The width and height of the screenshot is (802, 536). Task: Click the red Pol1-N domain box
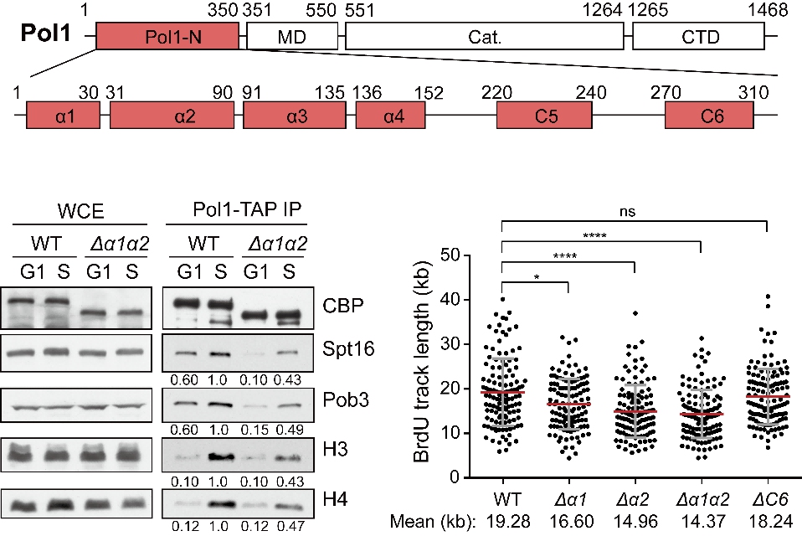click(167, 36)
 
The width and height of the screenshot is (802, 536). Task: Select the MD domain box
click(292, 36)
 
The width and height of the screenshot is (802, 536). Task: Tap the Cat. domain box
click(485, 36)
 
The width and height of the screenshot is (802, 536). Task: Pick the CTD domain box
click(699, 36)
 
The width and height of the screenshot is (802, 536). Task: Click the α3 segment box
click(295, 115)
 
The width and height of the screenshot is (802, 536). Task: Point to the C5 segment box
click(544, 115)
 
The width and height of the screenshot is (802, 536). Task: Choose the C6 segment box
click(709, 115)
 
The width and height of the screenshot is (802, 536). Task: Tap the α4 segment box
click(391, 115)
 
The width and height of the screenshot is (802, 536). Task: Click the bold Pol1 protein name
click(45, 33)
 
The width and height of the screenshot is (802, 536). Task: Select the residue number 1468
click(767, 10)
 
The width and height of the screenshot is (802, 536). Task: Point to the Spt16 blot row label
click(348, 348)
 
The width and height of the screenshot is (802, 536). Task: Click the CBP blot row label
click(342, 306)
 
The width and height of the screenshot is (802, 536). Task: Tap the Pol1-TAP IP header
click(247, 209)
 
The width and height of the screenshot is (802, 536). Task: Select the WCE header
click(81, 211)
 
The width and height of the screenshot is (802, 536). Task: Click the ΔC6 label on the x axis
click(770, 499)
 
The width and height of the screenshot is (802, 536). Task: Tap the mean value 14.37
click(702, 522)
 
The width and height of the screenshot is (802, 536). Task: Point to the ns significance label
click(627, 211)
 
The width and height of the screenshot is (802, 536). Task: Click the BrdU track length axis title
click(422, 363)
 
